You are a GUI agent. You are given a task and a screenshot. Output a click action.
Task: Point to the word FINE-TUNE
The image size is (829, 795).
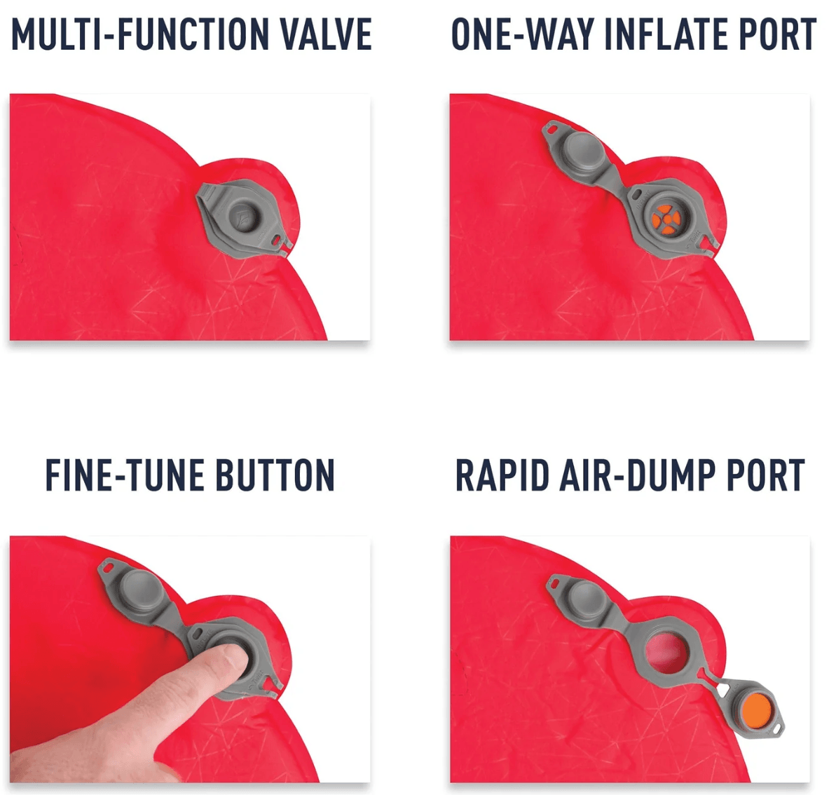[125, 475]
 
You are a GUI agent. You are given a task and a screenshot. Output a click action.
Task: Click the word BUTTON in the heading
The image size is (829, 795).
[275, 475]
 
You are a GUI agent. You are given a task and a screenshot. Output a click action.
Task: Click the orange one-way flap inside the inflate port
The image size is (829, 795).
[664, 218]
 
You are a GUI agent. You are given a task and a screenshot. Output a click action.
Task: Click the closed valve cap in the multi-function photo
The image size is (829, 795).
[242, 217]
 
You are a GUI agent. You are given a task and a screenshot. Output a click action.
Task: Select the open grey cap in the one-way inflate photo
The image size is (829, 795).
[582, 151]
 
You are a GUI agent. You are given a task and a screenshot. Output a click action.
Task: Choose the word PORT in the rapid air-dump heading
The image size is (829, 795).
[765, 475]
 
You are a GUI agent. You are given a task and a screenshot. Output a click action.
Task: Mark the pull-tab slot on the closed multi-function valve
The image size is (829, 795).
[278, 239]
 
